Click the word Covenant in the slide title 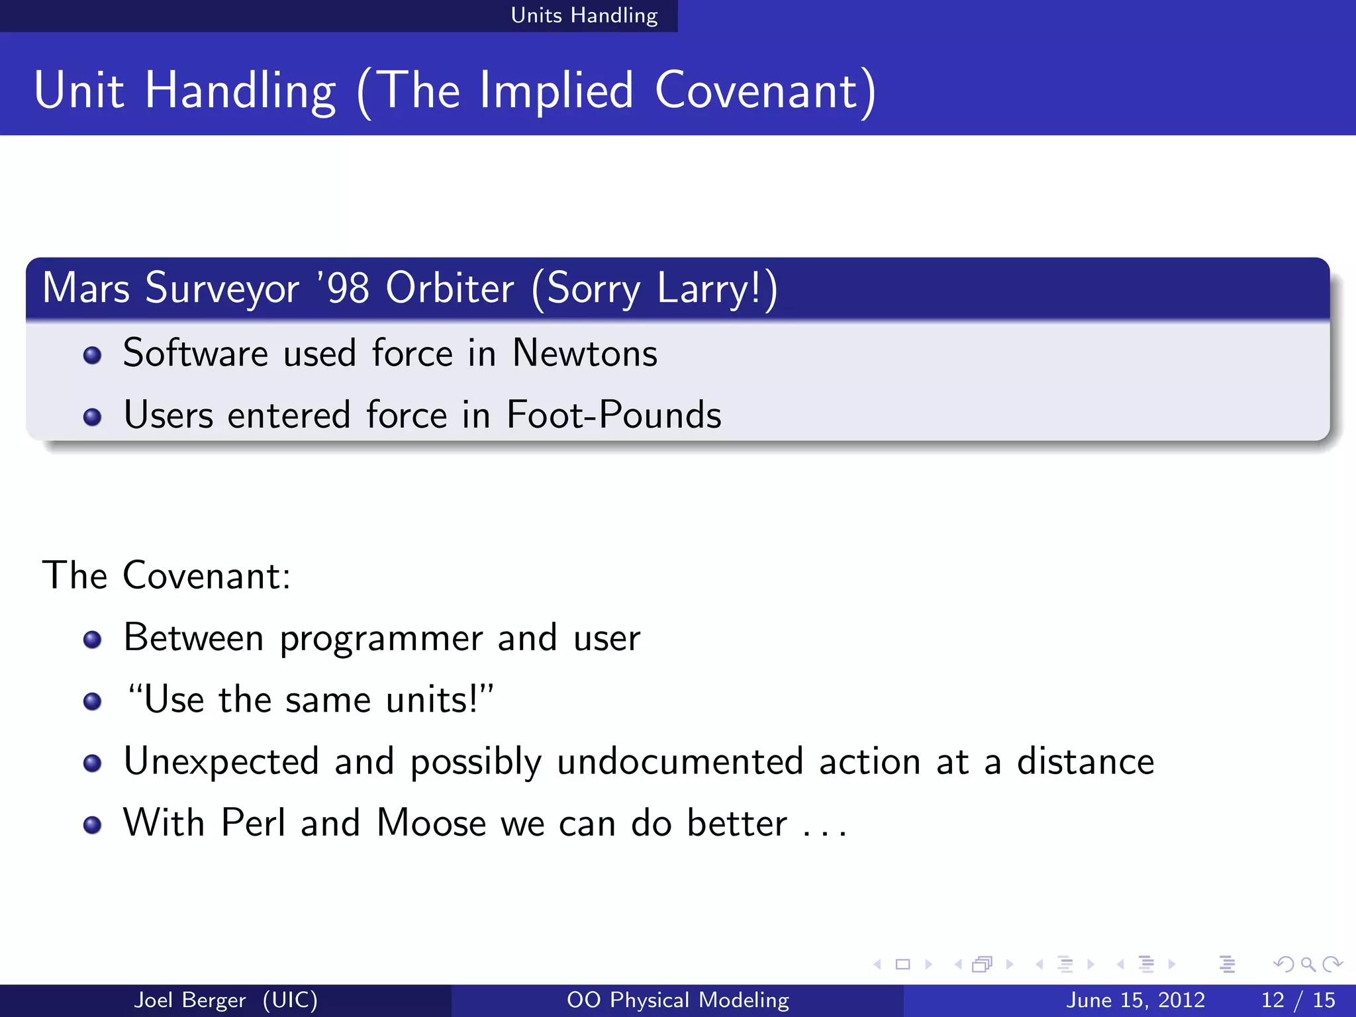(758, 91)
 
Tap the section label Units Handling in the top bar (584, 15)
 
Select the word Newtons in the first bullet (585, 353)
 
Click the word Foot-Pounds (614, 415)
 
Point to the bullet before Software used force (92, 356)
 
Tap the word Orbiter (450, 288)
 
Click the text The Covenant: (166, 575)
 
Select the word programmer (381, 639)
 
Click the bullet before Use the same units (92, 701)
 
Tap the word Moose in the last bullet (431, 823)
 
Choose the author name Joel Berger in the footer (190, 1000)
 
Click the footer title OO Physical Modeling (677, 1000)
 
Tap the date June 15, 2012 (1135, 1000)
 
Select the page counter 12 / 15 (1298, 1000)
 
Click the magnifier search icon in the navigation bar (1308, 965)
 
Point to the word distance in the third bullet (1085, 761)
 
